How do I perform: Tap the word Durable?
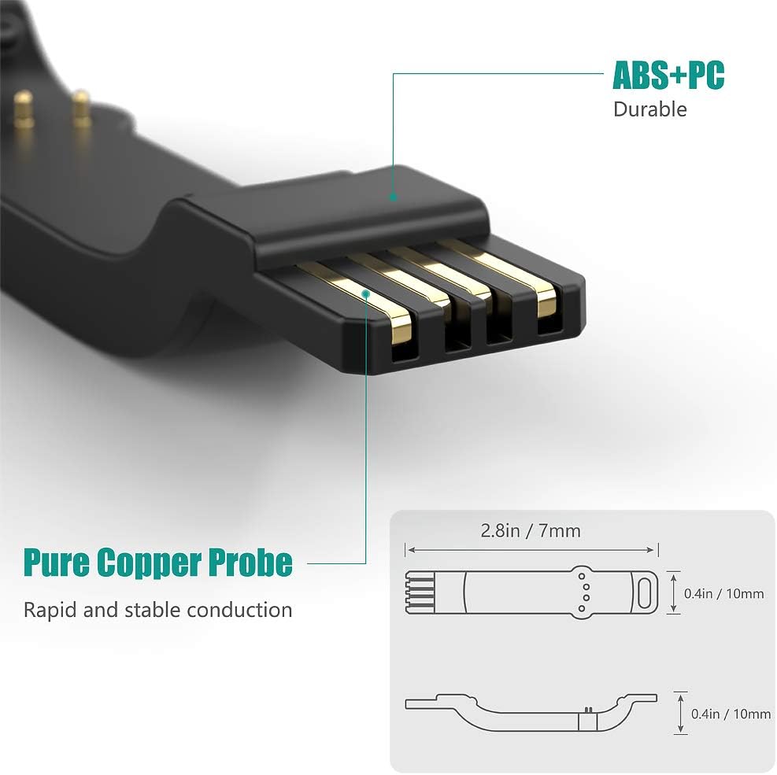click(x=649, y=109)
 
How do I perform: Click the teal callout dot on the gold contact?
click(x=366, y=293)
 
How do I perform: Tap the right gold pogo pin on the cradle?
click(x=80, y=108)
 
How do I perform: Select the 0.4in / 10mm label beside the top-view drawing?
click(x=724, y=593)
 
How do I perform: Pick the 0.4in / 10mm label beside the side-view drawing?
click(x=731, y=714)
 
